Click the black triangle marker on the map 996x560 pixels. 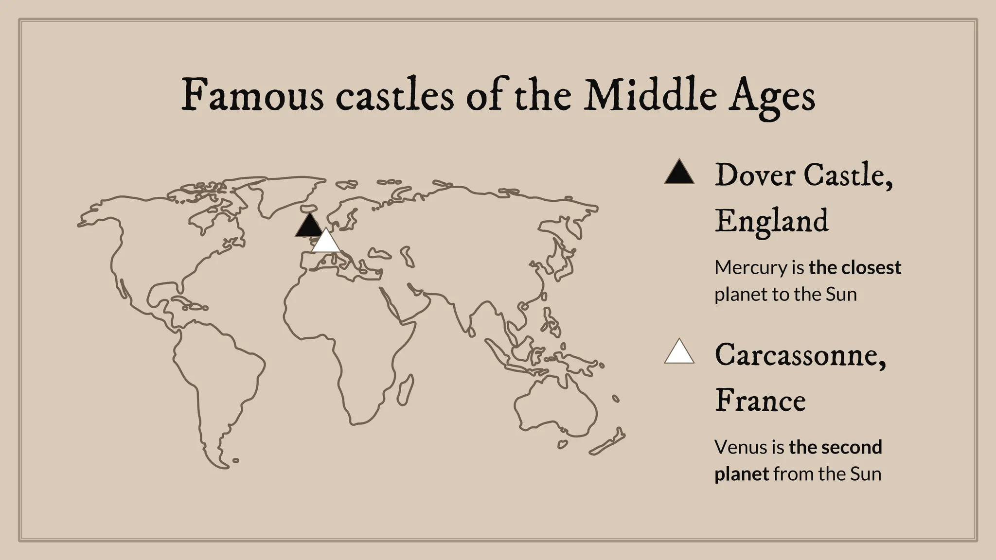(x=308, y=226)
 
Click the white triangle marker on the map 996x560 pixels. (x=326, y=242)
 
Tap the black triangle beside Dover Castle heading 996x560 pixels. (x=679, y=173)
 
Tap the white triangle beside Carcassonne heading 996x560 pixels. (x=679, y=352)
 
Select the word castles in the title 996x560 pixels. (x=394, y=96)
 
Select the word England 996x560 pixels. (x=771, y=222)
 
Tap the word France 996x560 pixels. (x=760, y=401)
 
